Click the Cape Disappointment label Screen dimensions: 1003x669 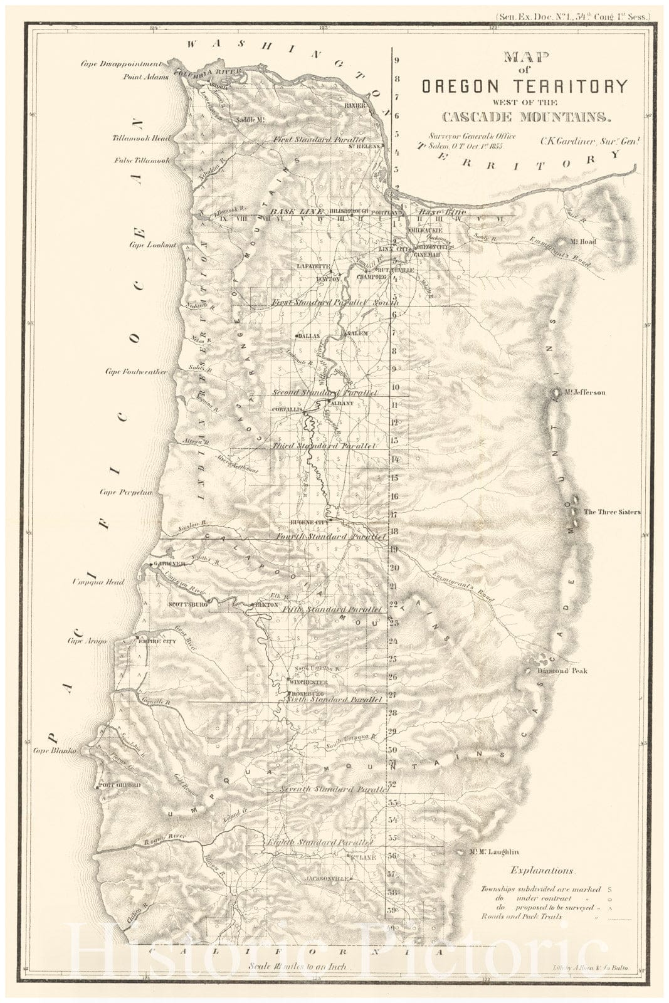pyautogui.click(x=122, y=63)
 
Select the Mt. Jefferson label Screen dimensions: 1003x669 pyautogui.click(x=584, y=392)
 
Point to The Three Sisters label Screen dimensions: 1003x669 pyautogui.click(x=612, y=512)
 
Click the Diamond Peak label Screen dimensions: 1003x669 pyautogui.click(x=562, y=671)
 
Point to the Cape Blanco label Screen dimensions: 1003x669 pyautogui.click(x=55, y=750)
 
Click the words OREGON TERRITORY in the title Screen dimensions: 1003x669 pyautogui.click(x=524, y=87)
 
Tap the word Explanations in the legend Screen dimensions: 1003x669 pyautogui.click(x=542, y=871)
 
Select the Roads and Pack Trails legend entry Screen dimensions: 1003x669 pyautogui.click(x=521, y=916)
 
